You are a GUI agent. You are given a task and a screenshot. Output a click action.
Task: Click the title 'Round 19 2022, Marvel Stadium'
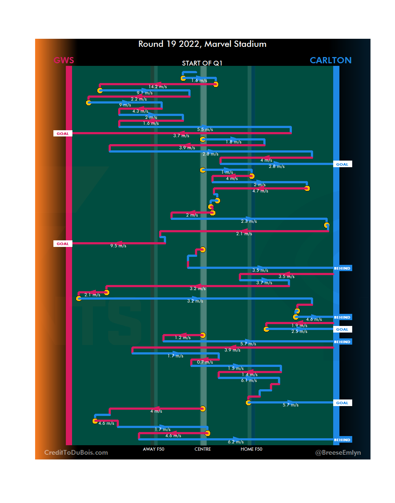click(202, 44)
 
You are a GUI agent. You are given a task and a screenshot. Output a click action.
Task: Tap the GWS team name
click(64, 60)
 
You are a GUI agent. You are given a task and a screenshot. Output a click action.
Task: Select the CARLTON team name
click(330, 60)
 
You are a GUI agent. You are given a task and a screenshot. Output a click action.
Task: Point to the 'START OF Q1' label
click(202, 63)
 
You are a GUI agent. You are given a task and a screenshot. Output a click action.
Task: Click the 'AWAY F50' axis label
click(154, 449)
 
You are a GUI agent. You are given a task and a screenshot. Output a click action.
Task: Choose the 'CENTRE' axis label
click(203, 449)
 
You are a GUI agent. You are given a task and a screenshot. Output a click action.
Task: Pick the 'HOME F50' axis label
click(251, 449)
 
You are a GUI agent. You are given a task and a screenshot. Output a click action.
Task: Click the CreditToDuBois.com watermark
click(76, 453)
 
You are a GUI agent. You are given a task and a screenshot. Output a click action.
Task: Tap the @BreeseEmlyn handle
click(338, 453)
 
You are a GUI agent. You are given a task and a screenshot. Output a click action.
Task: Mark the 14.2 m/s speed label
click(158, 87)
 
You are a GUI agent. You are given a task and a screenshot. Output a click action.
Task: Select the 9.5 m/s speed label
click(118, 246)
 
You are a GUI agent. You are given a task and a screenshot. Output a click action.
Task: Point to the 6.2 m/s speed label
click(236, 442)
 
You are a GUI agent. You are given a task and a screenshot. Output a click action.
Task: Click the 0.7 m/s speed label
click(205, 362)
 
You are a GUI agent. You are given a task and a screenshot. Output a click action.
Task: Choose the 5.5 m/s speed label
click(205, 129)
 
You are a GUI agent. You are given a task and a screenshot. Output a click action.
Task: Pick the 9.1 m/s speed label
click(144, 93)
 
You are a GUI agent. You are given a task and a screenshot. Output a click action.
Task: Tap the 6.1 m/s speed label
click(249, 380)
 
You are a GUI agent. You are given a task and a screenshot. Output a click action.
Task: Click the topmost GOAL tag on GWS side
click(63, 134)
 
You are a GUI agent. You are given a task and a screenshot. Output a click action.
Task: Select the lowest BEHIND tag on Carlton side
click(342, 440)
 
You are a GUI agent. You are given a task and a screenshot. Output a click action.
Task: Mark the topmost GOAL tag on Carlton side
click(342, 164)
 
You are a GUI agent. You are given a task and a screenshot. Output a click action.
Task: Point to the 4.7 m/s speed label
click(260, 191)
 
